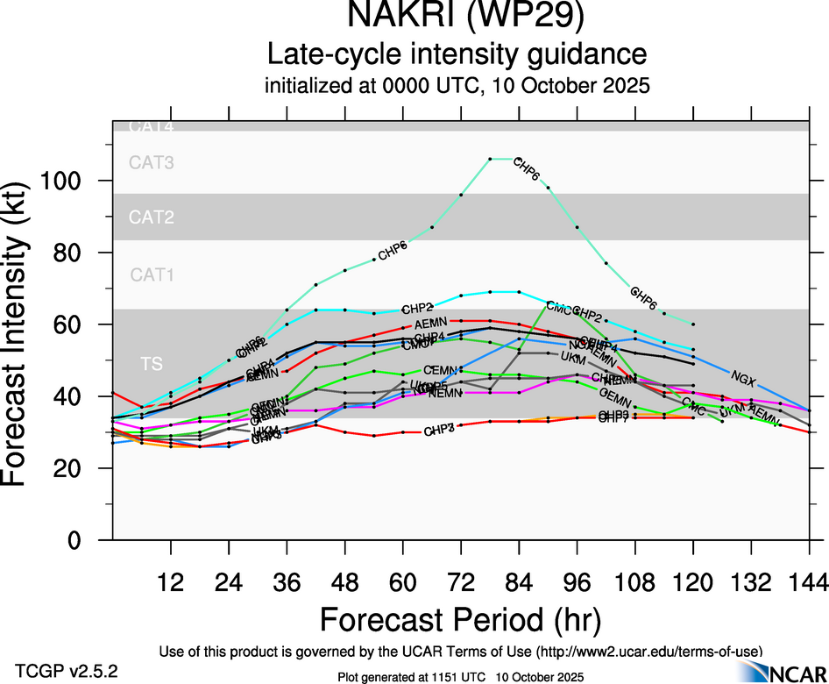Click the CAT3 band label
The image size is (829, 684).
click(x=152, y=162)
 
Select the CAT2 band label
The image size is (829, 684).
click(x=152, y=217)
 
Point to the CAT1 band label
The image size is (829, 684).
click(x=152, y=275)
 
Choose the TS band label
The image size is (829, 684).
click(x=152, y=363)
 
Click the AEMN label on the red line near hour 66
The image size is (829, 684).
click(x=431, y=324)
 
